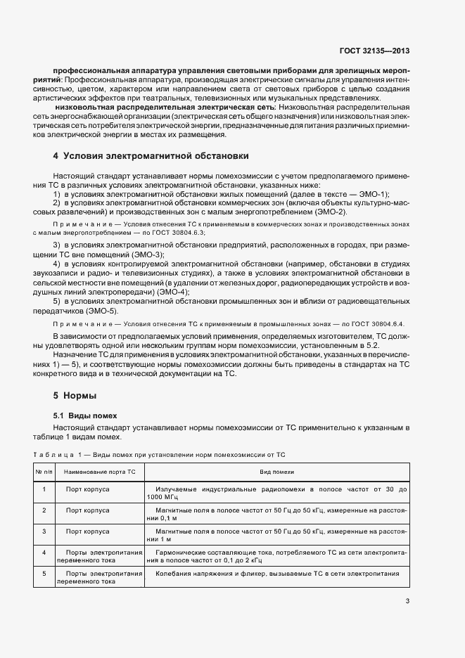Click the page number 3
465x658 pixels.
[407, 601]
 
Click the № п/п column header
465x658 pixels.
[44, 473]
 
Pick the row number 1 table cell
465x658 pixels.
[44, 489]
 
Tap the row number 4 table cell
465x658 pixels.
[44, 553]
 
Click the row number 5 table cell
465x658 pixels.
[44, 574]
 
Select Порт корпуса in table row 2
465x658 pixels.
[87, 510]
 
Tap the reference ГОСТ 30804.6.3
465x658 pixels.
[170, 231]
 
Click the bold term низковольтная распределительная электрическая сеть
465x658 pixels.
[165, 106]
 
